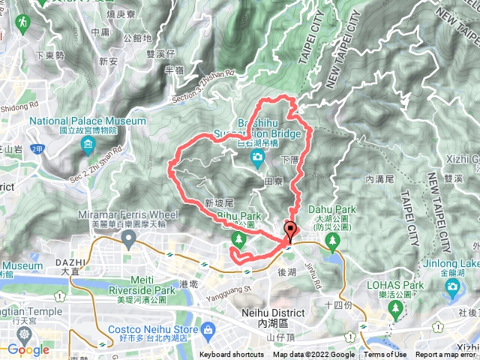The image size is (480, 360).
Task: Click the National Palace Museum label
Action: [x=88, y=120]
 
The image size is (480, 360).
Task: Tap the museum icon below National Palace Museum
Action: [x=88, y=143]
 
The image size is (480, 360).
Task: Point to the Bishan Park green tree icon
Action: [x=238, y=239]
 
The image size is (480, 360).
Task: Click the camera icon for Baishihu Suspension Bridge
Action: [x=257, y=157]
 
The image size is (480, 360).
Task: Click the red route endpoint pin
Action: [x=289, y=231]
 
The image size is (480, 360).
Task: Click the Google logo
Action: [x=28, y=349]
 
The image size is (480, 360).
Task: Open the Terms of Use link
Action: [x=385, y=355]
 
